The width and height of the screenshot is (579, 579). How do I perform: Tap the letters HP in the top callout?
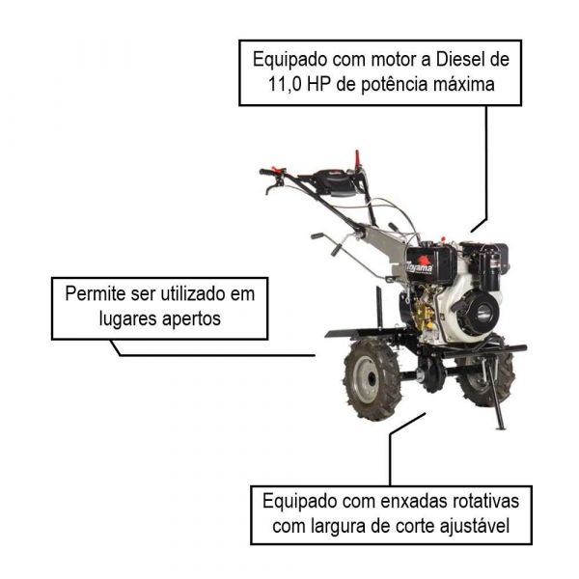click(x=328, y=85)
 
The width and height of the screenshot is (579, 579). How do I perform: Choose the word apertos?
click(x=192, y=318)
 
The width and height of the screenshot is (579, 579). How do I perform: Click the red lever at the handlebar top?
click(x=356, y=157)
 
